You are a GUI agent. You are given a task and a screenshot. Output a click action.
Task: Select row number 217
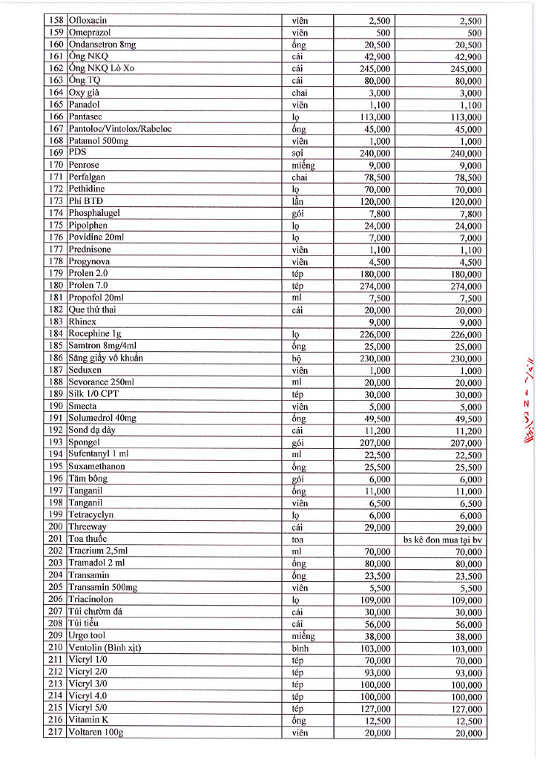[x=56, y=733]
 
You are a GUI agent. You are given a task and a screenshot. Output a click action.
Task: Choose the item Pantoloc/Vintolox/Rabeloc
[x=119, y=129]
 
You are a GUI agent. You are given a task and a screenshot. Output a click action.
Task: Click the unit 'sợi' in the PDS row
[x=298, y=153]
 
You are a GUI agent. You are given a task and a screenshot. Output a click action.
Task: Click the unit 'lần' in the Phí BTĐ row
[x=298, y=201]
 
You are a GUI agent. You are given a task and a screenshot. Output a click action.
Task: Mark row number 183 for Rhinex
[x=56, y=322]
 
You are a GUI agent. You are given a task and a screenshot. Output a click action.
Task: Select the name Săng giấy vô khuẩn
[x=105, y=358]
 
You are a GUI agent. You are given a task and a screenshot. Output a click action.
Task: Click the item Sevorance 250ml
[x=101, y=382]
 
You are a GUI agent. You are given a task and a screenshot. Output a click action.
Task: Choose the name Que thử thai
[x=93, y=309]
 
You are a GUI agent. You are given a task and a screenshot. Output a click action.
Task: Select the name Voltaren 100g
[x=96, y=733]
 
